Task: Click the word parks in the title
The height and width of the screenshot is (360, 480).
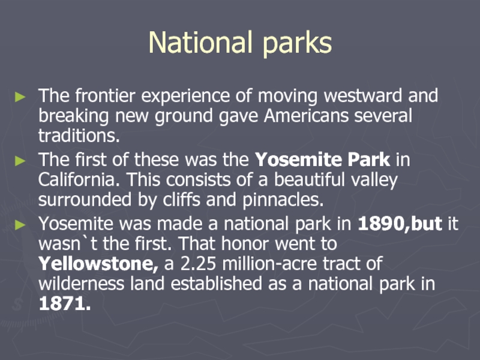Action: coord(297,43)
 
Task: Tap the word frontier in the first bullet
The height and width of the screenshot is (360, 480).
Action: coord(105,95)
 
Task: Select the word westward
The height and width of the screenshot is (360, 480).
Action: coord(363,95)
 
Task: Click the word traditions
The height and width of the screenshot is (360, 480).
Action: coord(79,136)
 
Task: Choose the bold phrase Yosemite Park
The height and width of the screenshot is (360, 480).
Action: coord(323,159)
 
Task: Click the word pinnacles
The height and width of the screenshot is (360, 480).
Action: coord(283,200)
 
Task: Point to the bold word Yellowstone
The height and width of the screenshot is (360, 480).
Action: coord(98,263)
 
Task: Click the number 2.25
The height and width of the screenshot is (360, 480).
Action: coord(198,263)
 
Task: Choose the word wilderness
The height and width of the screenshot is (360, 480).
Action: coord(82,283)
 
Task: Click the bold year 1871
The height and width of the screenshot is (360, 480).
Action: coord(65,304)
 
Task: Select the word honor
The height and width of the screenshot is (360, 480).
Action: coord(245,244)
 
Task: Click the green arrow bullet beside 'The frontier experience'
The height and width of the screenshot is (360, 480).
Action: coord(20,97)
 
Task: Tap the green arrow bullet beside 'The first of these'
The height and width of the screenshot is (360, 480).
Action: coord(20,161)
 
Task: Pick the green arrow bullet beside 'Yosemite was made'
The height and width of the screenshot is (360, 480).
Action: coord(20,225)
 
